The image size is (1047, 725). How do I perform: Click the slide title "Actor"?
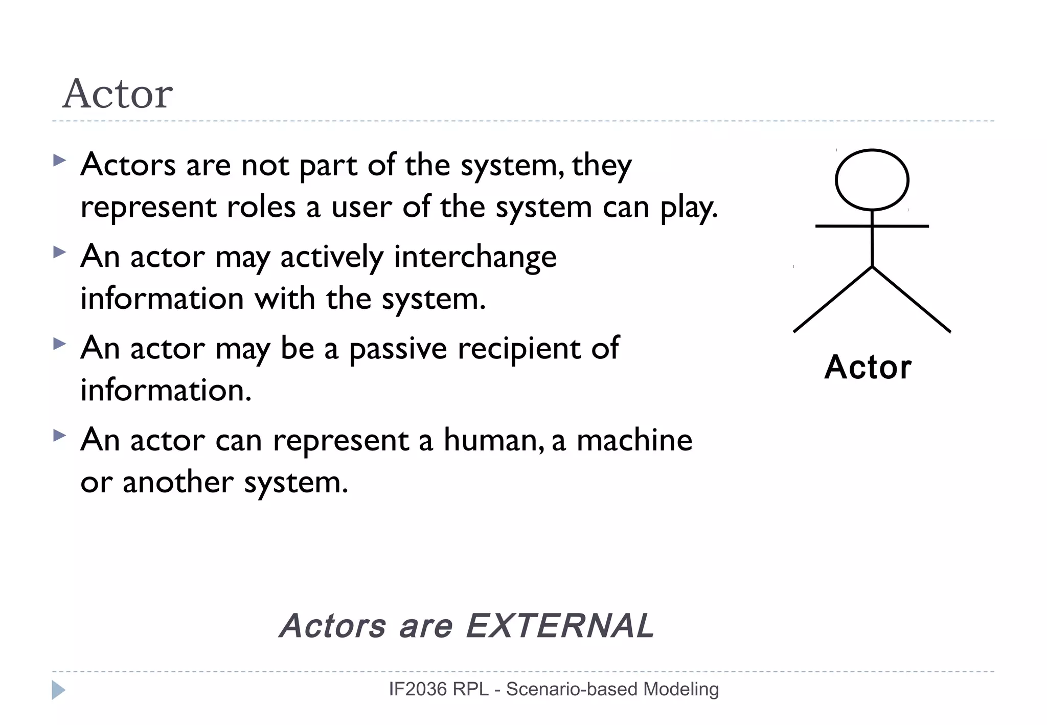click(118, 94)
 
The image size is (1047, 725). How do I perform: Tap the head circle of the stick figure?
click(872, 179)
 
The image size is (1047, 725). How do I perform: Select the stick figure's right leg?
click(911, 299)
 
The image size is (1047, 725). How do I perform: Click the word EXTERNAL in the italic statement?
click(560, 625)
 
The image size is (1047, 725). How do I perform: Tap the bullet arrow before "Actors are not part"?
click(59, 161)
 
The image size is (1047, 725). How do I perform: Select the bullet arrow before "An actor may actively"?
click(59, 252)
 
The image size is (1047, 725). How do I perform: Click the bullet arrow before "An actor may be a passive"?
click(59, 344)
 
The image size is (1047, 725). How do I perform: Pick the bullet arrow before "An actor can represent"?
click(59, 436)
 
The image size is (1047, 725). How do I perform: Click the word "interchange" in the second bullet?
click(475, 257)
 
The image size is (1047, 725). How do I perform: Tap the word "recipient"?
click(519, 349)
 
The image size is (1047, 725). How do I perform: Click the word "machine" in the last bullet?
click(634, 440)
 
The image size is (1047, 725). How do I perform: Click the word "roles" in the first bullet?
click(261, 207)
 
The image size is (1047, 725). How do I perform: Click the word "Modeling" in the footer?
click(681, 689)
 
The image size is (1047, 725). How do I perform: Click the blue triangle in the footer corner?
click(58, 690)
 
